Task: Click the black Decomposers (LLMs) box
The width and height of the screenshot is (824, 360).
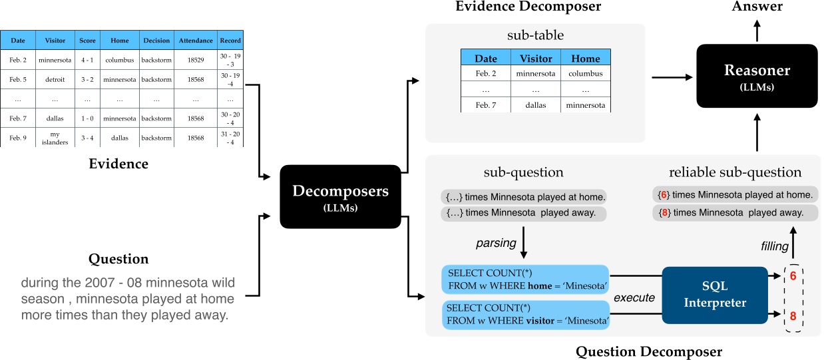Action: click(341, 196)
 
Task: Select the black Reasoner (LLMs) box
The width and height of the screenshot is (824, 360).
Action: click(757, 76)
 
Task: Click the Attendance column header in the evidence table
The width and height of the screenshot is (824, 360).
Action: click(196, 41)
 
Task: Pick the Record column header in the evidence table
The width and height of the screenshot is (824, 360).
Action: click(230, 41)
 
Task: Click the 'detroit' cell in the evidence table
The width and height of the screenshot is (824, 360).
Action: click(55, 79)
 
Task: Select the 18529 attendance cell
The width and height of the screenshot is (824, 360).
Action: click(196, 60)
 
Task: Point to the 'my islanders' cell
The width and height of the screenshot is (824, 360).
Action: click(55, 138)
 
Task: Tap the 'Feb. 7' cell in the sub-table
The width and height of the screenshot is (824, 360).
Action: click(486, 105)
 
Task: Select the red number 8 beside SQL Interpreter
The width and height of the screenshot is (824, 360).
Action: click(793, 316)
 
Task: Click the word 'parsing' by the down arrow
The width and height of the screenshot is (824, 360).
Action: click(496, 243)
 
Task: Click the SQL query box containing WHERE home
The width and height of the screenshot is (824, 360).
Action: click(525, 280)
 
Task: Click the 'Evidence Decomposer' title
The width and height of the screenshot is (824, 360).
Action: click(528, 7)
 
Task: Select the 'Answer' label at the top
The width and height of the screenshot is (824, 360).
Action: click(756, 7)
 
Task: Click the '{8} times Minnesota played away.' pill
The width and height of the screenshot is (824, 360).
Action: click(733, 213)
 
